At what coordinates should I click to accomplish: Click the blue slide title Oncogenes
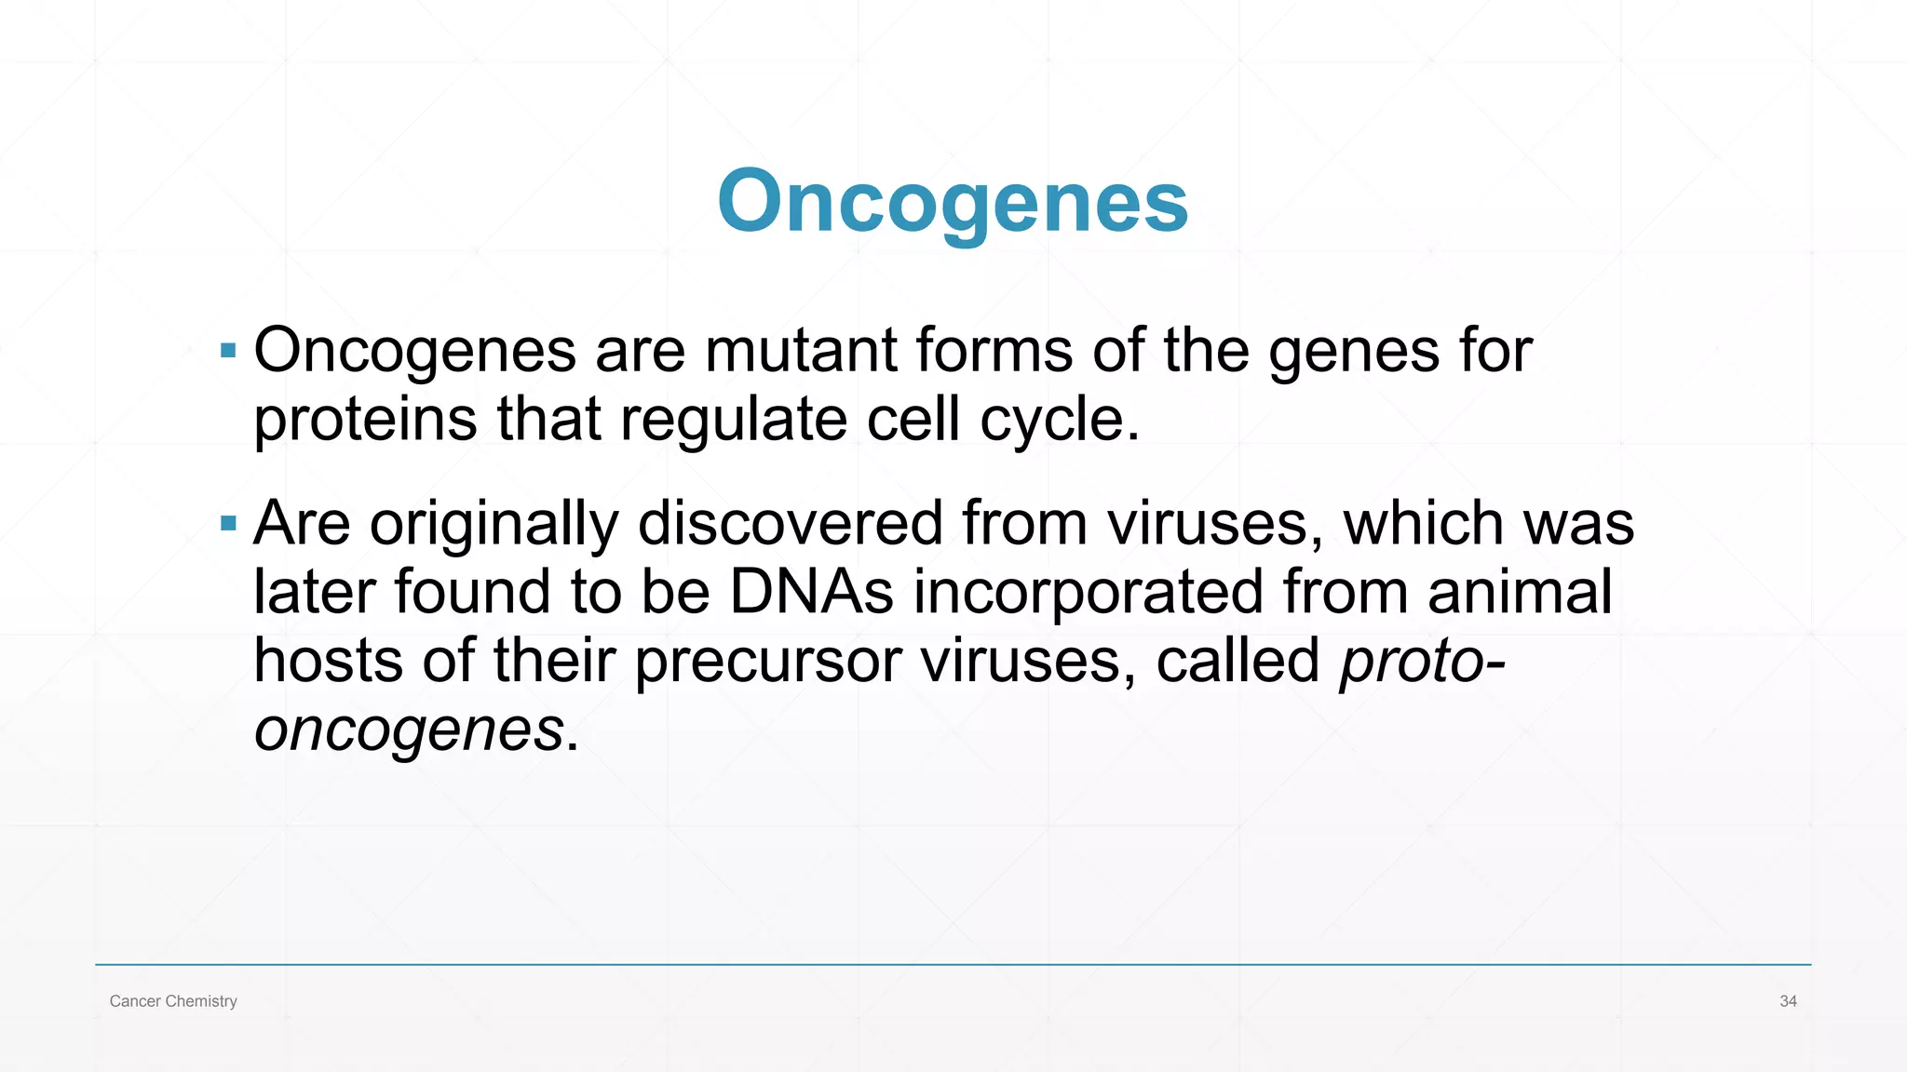(953, 201)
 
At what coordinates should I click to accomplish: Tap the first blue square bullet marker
(228, 351)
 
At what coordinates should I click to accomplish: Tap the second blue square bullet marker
(228, 524)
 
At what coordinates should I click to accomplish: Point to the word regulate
(733, 421)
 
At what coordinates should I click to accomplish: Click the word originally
(494, 524)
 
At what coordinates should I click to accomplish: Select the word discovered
(790, 523)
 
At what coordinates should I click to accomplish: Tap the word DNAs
(811, 592)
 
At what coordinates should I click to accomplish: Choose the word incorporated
(1088, 593)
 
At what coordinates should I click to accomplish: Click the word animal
(1520, 592)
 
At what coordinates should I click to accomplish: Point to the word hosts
(328, 661)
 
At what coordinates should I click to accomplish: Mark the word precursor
(767, 662)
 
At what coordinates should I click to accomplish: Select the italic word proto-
(1422, 663)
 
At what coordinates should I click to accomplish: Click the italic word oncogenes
(409, 730)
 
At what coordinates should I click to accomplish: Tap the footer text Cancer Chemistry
(173, 1001)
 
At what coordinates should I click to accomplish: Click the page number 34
(1788, 1001)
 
